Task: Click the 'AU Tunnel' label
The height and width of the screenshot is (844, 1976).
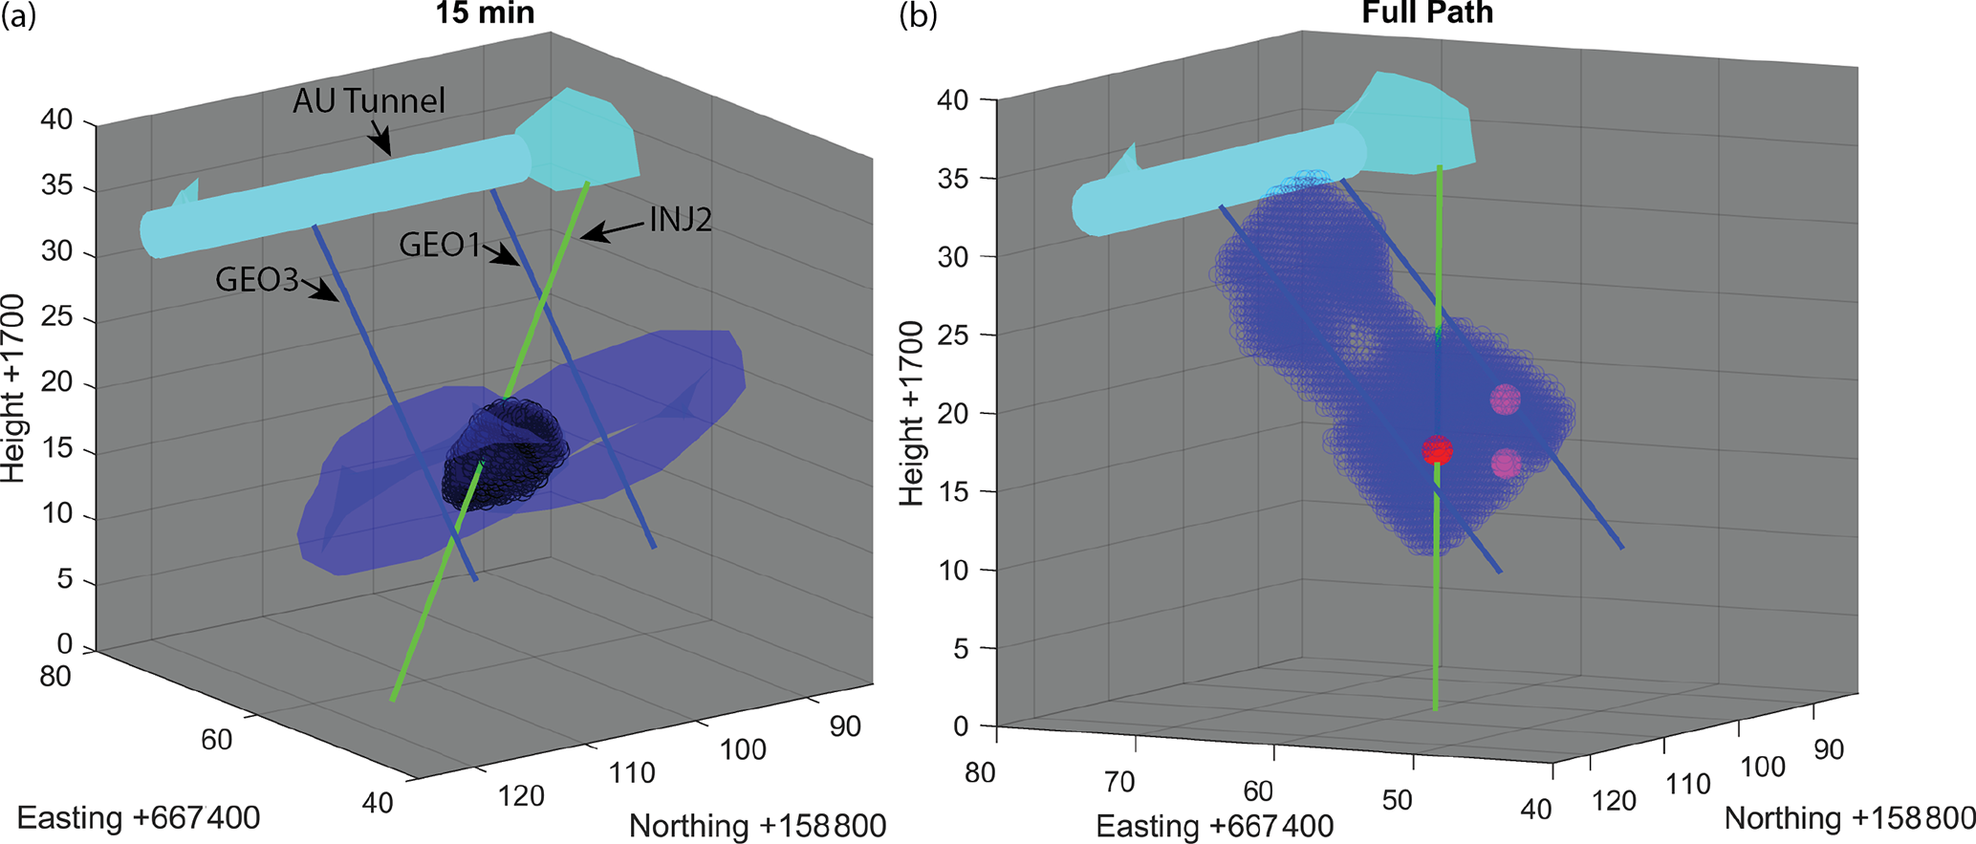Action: pyautogui.click(x=369, y=101)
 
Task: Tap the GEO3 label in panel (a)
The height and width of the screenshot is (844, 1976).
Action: pyautogui.click(x=257, y=280)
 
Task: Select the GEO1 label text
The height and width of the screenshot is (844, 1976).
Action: pyautogui.click(x=440, y=246)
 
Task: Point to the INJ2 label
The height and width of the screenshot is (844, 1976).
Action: pyautogui.click(x=681, y=220)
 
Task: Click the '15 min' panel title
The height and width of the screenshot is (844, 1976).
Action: pyautogui.click(x=485, y=13)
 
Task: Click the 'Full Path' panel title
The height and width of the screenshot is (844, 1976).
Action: pyautogui.click(x=1427, y=12)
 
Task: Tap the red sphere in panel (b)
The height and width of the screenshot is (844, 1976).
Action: pyautogui.click(x=1437, y=450)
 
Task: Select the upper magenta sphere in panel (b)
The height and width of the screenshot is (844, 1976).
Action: pyautogui.click(x=1505, y=400)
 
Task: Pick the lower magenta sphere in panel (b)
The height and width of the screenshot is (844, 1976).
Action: pyautogui.click(x=1505, y=465)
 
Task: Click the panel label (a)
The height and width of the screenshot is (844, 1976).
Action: pyautogui.click(x=19, y=16)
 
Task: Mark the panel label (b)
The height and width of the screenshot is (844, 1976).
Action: pyautogui.click(x=919, y=16)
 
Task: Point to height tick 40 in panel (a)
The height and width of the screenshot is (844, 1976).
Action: pyautogui.click(x=56, y=120)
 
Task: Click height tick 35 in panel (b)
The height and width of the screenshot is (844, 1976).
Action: pyautogui.click(x=954, y=179)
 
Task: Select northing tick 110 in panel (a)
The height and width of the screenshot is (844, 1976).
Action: pyautogui.click(x=632, y=773)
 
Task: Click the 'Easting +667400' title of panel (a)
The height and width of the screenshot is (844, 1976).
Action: pyautogui.click(x=139, y=819)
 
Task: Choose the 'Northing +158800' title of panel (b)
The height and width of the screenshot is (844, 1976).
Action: pyautogui.click(x=1850, y=819)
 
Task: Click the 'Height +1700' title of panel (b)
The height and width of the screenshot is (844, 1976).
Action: pyautogui.click(x=912, y=413)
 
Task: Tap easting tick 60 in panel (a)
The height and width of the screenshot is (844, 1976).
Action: pyautogui.click(x=217, y=740)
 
